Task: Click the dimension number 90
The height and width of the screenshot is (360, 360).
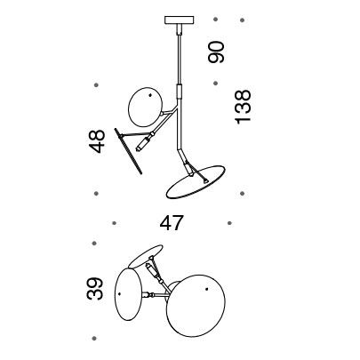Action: pos(216,52)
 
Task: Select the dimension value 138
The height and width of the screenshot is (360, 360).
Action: pos(243,107)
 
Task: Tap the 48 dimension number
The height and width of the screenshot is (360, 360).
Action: pos(97,141)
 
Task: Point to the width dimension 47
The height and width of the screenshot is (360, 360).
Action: pos(172,223)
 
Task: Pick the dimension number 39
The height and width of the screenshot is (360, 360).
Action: pos(95,289)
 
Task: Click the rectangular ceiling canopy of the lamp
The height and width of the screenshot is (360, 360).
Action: pos(180,20)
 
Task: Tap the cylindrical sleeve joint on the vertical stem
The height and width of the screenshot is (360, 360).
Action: pos(179,91)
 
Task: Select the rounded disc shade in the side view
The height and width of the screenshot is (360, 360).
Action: pos(145,108)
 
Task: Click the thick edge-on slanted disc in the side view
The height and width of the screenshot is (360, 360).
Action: pos(128,151)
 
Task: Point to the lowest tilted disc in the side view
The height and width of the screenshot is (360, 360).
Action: pos(196,182)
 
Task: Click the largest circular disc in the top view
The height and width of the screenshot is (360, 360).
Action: pos(196,307)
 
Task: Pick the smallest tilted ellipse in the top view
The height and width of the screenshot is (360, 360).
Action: pos(146,256)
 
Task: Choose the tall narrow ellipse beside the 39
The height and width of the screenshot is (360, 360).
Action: pos(128,294)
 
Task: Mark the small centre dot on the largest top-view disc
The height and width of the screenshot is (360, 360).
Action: pos(206,289)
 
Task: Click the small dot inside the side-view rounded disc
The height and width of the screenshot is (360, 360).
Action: pos(150,95)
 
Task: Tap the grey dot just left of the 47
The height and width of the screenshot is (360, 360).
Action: pos(114,223)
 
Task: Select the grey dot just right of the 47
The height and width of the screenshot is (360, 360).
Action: pos(229,223)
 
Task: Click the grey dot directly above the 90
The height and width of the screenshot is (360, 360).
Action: pos(215,20)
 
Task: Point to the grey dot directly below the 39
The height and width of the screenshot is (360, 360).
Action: pos(94,338)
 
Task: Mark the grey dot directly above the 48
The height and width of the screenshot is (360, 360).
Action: pos(96,85)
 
